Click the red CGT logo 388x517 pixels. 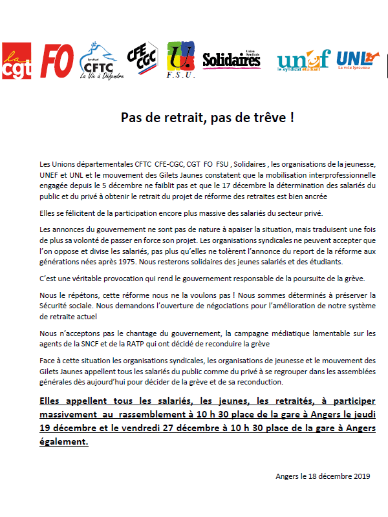pos(16,61)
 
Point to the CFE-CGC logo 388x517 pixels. pos(141,58)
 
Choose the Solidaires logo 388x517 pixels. pos(232,60)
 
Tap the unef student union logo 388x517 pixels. pos(303,60)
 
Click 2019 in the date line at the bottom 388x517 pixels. pos(360,476)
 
